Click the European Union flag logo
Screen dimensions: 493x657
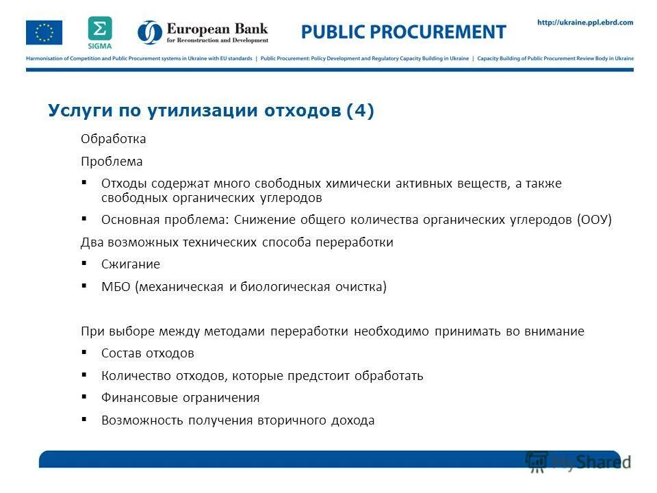(44, 33)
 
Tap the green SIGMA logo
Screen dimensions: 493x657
(100, 31)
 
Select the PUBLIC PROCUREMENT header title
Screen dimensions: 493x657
(404, 32)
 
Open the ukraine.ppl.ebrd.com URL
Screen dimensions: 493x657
(585, 23)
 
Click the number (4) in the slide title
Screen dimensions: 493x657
(360, 112)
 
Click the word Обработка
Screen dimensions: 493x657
(114, 139)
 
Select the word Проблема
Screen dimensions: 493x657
(112, 162)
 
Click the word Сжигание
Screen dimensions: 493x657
(131, 264)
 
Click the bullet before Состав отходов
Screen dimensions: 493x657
(84, 353)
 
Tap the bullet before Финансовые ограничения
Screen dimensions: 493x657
(84, 397)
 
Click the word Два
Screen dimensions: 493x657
(91, 242)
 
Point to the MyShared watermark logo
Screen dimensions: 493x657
(578, 460)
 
